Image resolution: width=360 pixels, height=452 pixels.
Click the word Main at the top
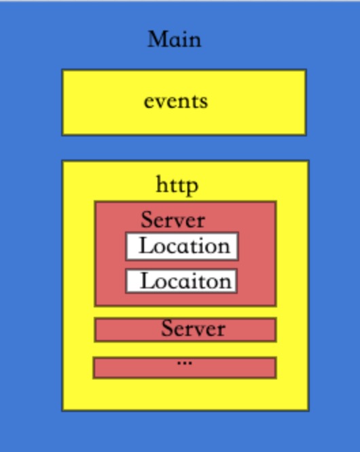tap(175, 39)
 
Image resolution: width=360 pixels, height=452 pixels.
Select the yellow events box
tap(184, 102)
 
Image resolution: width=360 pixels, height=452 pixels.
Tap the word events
tap(176, 102)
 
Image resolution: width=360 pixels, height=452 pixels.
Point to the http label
tap(177, 185)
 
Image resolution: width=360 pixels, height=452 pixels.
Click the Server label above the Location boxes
tap(173, 220)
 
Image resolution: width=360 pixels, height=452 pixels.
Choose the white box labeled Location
tap(182, 246)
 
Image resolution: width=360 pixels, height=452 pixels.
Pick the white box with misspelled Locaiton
tap(181, 281)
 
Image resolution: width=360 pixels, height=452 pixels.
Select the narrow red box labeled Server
tap(185, 329)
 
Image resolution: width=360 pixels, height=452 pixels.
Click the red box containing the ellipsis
tap(185, 368)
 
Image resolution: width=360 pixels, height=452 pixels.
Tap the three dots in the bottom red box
tap(185, 363)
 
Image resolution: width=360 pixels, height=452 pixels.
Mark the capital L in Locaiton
tap(147, 280)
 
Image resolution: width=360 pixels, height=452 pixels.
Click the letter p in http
tap(192, 188)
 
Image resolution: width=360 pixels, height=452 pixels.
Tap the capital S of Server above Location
tap(147, 220)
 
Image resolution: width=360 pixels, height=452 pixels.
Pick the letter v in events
tap(163, 102)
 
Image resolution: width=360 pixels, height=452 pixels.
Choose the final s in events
tap(204, 102)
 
